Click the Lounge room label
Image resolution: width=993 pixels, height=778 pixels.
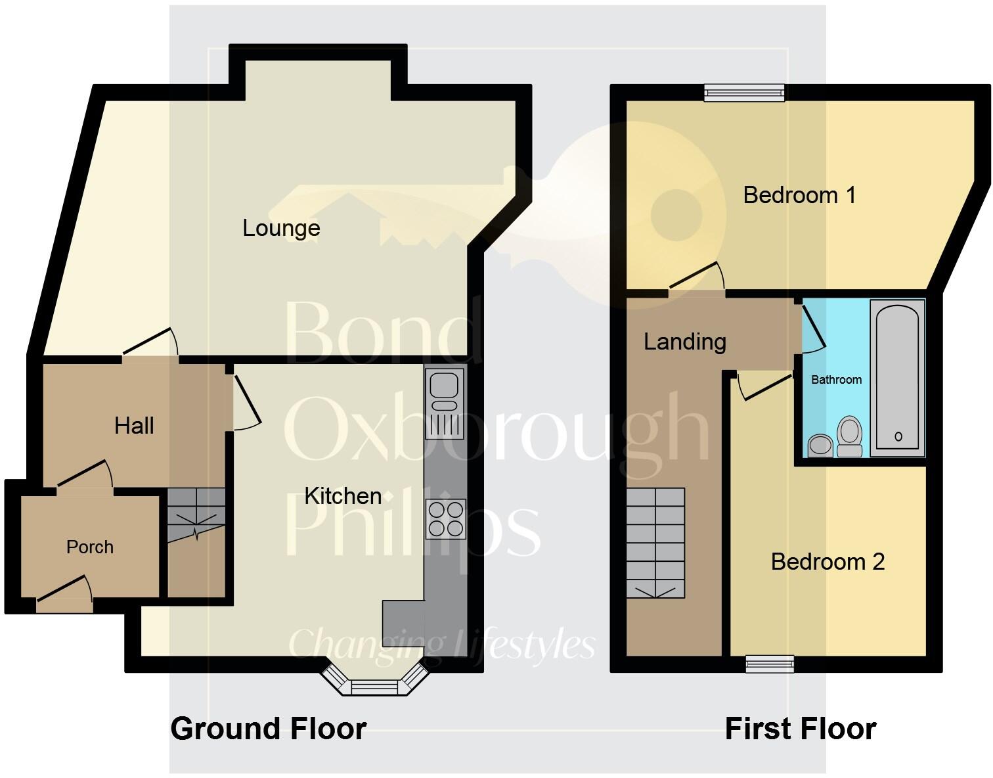(x=281, y=228)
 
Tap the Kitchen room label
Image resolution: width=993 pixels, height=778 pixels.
(x=343, y=495)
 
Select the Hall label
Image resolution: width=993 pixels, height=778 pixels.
(x=134, y=426)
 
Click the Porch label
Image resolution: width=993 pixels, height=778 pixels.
(x=90, y=547)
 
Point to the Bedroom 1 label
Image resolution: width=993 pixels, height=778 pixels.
(x=799, y=195)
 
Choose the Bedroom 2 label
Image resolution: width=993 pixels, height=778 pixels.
(x=827, y=562)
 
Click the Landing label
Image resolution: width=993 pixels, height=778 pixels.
(x=684, y=342)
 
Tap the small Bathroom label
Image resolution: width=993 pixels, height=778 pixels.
(x=836, y=380)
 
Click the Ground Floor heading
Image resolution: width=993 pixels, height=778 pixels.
(x=268, y=729)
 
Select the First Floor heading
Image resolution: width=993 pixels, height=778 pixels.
(x=800, y=729)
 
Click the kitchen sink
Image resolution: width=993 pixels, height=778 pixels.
(x=445, y=403)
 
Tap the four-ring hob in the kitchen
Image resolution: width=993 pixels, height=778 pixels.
(x=445, y=518)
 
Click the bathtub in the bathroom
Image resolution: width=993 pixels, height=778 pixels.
(x=897, y=375)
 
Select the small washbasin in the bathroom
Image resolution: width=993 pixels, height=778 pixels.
(x=819, y=445)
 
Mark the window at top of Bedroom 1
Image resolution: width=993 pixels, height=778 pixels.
(x=744, y=93)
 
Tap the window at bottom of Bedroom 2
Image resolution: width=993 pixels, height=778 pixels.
(x=770, y=664)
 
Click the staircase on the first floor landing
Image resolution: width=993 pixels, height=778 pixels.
(x=655, y=543)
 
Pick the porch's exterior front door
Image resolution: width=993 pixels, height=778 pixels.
(x=64, y=597)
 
